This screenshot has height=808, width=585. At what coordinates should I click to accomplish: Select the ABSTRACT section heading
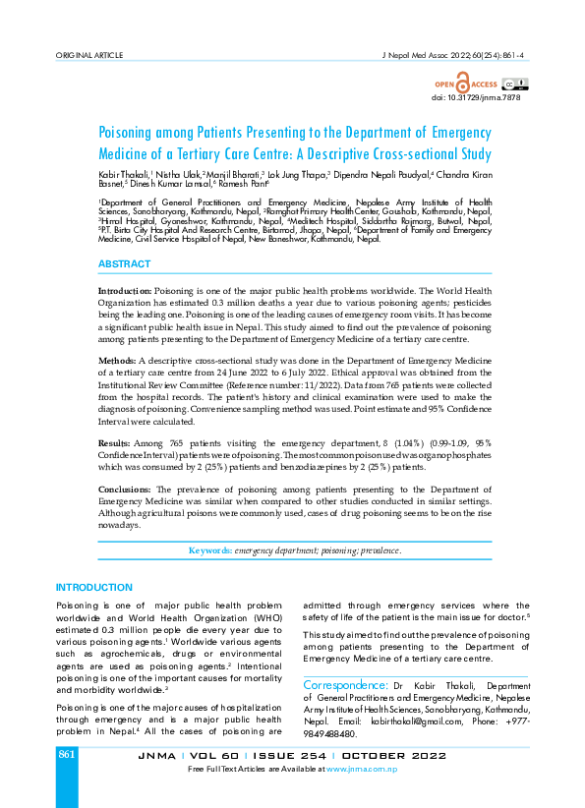124,264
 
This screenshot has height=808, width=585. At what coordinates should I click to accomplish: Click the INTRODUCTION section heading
93,587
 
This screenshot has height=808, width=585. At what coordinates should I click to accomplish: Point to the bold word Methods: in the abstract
118,362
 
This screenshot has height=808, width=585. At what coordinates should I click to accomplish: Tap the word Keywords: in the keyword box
209,550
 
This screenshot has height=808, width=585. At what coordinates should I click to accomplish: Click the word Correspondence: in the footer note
345,684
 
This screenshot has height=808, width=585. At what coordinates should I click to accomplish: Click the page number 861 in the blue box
67,754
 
